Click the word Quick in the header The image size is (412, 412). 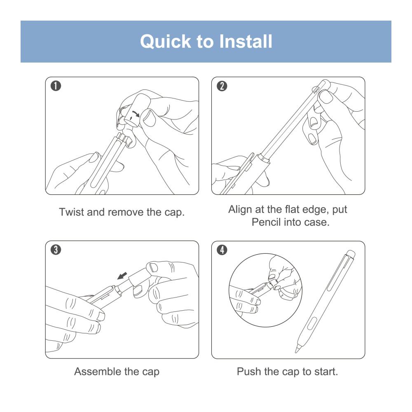pyautogui.click(x=166, y=42)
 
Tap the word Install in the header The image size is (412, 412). pyautogui.click(x=246, y=42)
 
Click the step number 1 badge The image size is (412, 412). pyautogui.click(x=56, y=86)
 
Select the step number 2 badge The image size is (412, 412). pyautogui.click(x=222, y=86)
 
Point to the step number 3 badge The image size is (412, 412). pyautogui.click(x=56, y=250)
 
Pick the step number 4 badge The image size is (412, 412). pyautogui.click(x=222, y=250)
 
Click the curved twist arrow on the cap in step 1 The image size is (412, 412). pyautogui.click(x=136, y=114)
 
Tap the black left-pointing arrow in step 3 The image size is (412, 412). pyautogui.click(x=122, y=276)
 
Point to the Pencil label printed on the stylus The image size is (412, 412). pyautogui.click(x=316, y=90)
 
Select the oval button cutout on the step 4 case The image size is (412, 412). pyautogui.click(x=312, y=323)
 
